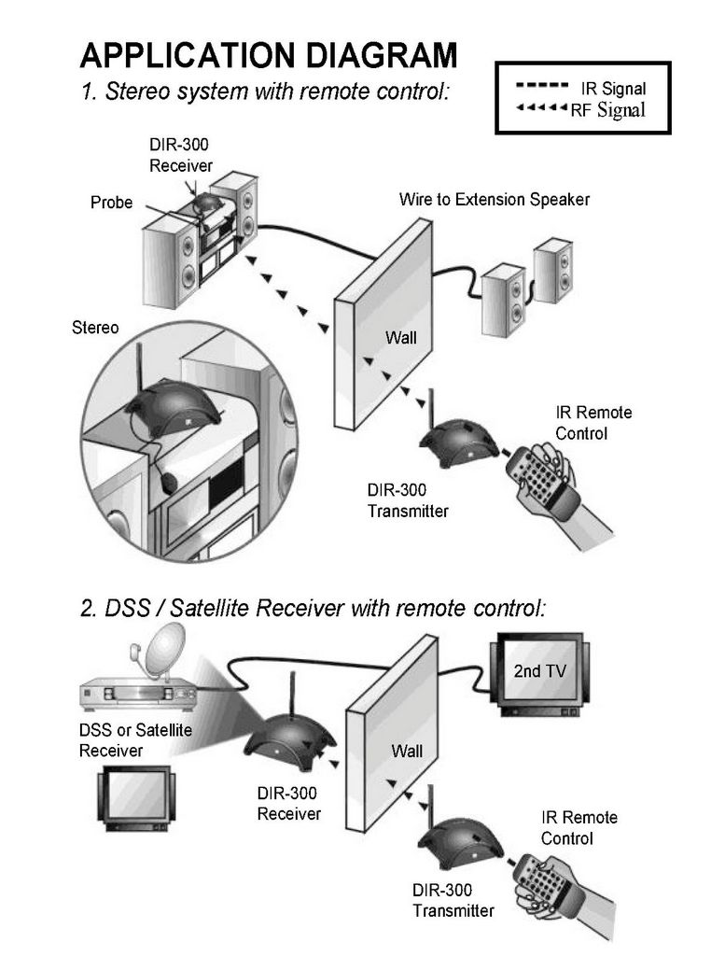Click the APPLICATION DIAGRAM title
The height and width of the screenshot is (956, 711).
pyautogui.click(x=268, y=55)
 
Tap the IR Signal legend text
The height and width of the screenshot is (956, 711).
pyautogui.click(x=613, y=89)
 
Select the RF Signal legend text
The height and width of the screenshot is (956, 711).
pyautogui.click(x=607, y=110)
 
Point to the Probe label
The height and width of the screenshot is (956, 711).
pyautogui.click(x=111, y=203)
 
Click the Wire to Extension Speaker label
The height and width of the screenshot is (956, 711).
pyautogui.click(x=495, y=200)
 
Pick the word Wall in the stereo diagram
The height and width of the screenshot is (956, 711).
pyautogui.click(x=401, y=337)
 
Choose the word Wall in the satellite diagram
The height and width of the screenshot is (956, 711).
pyautogui.click(x=407, y=751)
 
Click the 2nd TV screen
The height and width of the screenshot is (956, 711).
pyautogui.click(x=540, y=670)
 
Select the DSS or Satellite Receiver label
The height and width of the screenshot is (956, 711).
pyautogui.click(x=135, y=740)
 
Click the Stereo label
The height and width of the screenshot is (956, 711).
pyautogui.click(x=95, y=328)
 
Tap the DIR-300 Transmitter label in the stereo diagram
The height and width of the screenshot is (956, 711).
pyautogui.click(x=408, y=500)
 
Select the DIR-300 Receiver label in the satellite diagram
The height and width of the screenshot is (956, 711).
pyautogui.click(x=289, y=804)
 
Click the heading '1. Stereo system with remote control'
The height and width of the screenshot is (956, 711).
pyautogui.click(x=265, y=91)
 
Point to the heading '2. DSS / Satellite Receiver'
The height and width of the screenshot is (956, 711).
pyautogui.click(x=314, y=608)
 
